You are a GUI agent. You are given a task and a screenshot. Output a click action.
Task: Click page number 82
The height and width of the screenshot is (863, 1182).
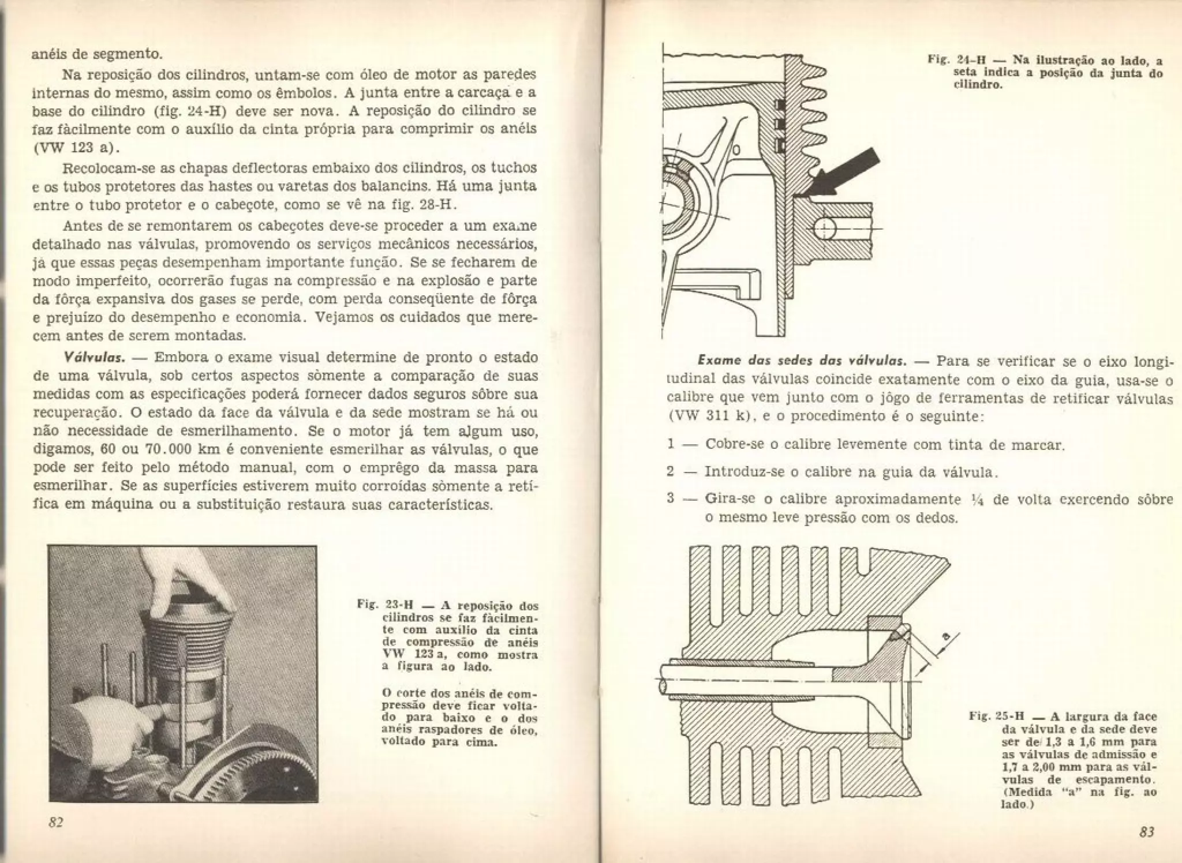pyautogui.click(x=55, y=823)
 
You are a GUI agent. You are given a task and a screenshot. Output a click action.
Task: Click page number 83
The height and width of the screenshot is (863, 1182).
pyautogui.click(x=1146, y=832)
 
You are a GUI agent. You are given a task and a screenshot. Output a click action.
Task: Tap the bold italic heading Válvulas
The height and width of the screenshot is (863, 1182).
pyautogui.click(x=95, y=358)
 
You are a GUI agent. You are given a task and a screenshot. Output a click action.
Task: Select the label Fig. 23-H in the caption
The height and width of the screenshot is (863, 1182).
pyautogui.click(x=385, y=606)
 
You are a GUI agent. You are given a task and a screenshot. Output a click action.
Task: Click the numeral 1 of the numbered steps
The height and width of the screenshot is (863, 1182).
pyautogui.click(x=670, y=445)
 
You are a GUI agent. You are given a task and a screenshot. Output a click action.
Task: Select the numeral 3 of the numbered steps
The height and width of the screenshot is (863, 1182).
pyautogui.click(x=670, y=498)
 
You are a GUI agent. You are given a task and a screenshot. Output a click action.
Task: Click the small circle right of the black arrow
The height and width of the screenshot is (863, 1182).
pyautogui.click(x=826, y=229)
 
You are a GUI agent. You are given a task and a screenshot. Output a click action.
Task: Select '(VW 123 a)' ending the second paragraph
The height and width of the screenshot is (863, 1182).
pyautogui.click(x=76, y=148)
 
